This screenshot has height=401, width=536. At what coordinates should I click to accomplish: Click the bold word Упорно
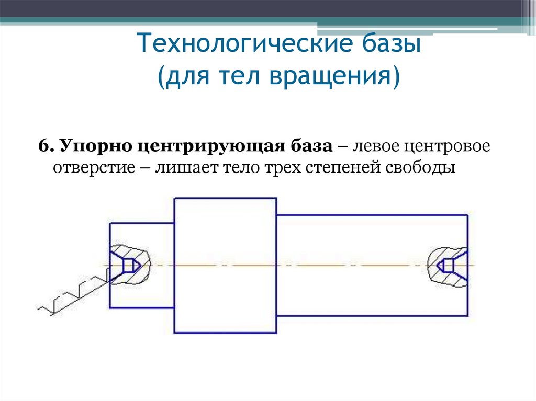tap(95, 146)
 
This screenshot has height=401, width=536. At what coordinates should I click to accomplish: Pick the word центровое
tap(447, 147)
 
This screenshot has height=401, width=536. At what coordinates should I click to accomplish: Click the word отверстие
tap(94, 168)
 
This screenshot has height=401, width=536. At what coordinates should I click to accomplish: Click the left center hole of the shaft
tap(125, 265)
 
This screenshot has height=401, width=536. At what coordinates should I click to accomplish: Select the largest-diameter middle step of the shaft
tap(225, 266)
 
